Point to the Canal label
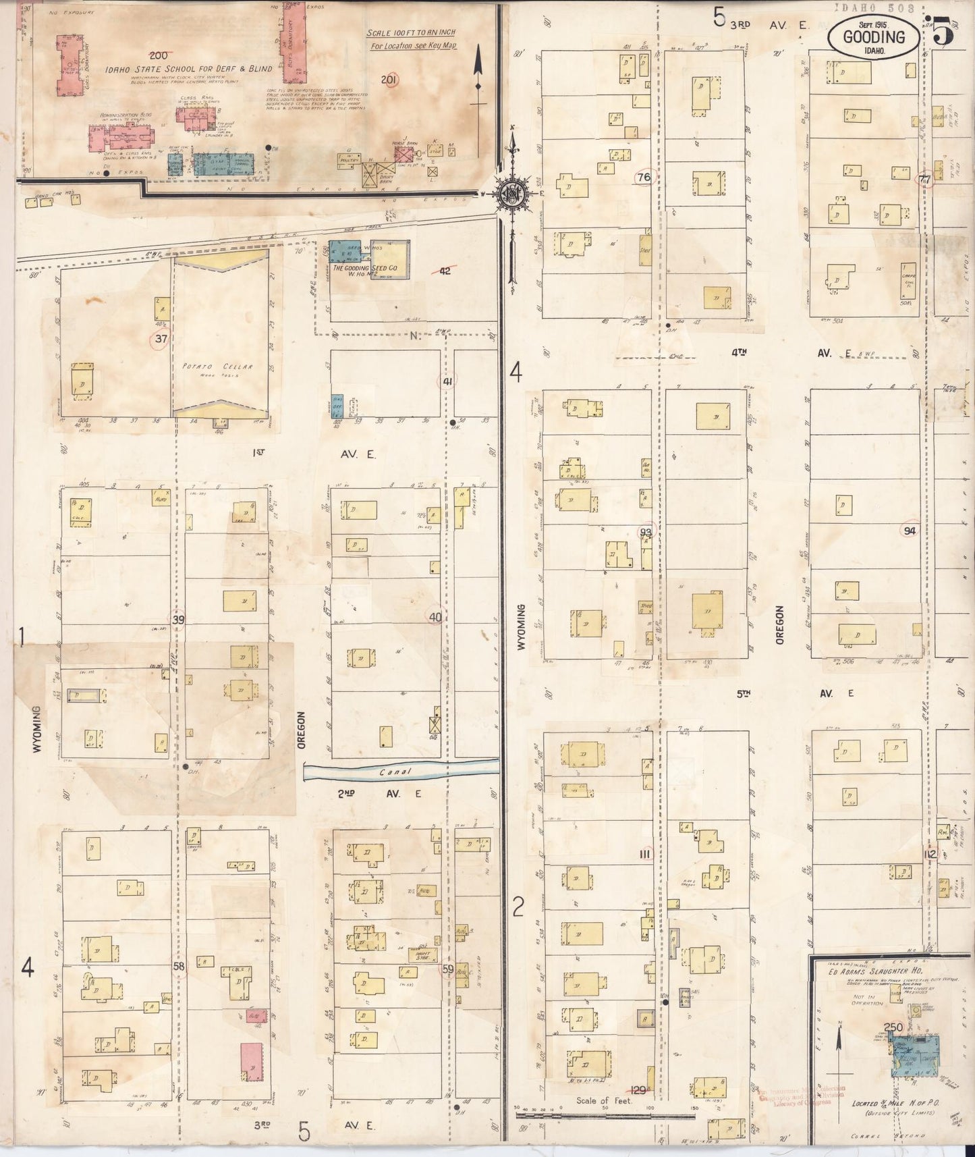tap(395, 772)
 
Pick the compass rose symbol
tap(512, 195)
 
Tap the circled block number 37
tap(160, 339)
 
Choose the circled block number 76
tap(644, 178)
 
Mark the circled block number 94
tap(909, 531)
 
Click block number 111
tap(644, 855)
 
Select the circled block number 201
tap(388, 80)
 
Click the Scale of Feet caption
tap(605, 1100)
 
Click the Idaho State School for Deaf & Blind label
tap(188, 69)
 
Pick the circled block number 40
tap(435, 616)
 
